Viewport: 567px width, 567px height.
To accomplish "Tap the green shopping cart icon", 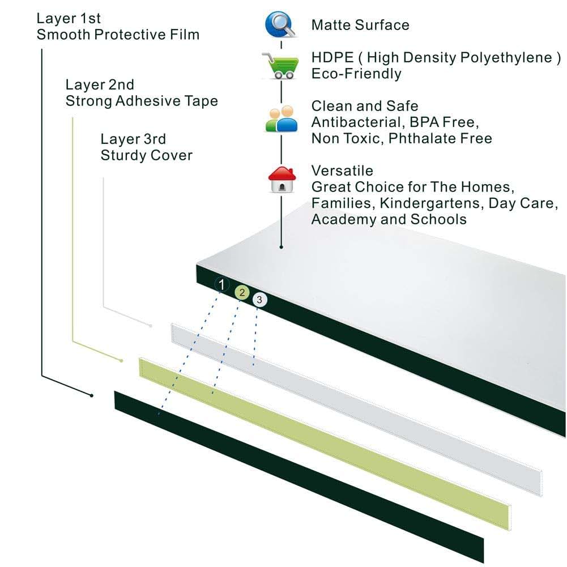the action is coord(280,66).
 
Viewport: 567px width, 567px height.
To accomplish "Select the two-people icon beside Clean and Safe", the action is coord(282,118).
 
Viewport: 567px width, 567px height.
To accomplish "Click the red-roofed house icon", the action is coord(282,180).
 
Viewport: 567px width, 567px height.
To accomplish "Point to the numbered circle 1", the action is coord(221,284).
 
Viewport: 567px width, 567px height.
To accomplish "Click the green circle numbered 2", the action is coord(242,292).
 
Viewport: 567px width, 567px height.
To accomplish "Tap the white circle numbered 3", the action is coord(259,300).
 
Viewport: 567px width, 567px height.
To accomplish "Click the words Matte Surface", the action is coord(360,25).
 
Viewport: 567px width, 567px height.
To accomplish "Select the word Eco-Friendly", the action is coord(356,74).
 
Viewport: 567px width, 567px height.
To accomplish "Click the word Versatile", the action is coord(342,170).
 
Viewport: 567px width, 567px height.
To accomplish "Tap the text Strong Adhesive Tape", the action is coord(142,101).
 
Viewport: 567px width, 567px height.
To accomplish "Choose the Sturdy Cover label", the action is coord(147,155).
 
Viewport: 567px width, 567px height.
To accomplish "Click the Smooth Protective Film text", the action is coord(118,35).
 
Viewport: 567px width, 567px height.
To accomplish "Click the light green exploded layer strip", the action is coord(325,444).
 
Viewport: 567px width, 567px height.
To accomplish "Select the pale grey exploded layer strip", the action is coord(356,410).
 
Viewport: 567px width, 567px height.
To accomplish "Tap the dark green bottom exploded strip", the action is coord(299,476).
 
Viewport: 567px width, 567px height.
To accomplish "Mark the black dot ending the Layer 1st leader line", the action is coord(92,395).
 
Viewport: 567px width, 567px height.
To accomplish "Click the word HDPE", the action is coord(332,58).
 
